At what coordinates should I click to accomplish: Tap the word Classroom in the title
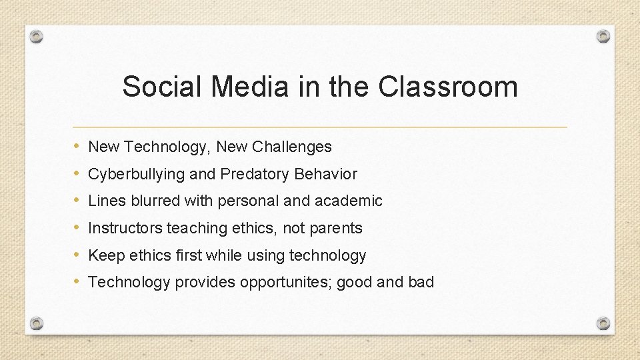448,87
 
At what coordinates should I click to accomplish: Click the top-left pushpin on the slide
37,37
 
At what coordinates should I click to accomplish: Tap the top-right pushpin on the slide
603,36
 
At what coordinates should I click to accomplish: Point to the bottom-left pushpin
37,323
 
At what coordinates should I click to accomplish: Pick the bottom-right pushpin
603,323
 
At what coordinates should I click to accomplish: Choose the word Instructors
125,228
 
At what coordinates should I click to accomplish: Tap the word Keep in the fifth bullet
103,255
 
